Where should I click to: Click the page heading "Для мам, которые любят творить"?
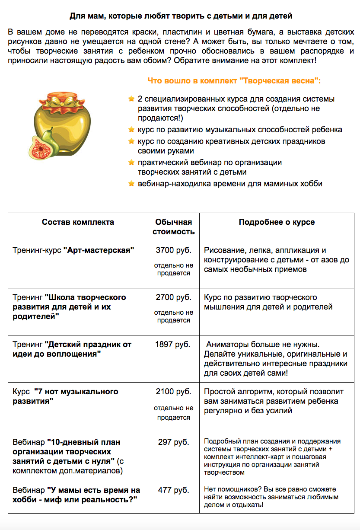[x=181, y=16]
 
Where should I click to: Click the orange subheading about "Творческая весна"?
[x=234, y=81]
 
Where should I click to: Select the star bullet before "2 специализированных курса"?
[x=131, y=99]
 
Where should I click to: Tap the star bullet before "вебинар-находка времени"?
[x=131, y=183]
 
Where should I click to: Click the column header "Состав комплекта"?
[x=78, y=222]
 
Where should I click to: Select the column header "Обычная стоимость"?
[x=173, y=227]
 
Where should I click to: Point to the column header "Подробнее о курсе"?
[x=277, y=222]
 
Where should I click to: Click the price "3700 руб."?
[x=173, y=250]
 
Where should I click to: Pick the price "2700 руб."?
[x=173, y=297]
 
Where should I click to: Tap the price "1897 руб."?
[x=173, y=345]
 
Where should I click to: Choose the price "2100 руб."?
[x=173, y=392]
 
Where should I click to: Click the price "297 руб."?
[x=173, y=442]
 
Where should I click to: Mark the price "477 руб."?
[x=173, y=490]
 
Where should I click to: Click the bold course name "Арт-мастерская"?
[x=99, y=250]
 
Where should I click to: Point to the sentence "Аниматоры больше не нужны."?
[x=262, y=345]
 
